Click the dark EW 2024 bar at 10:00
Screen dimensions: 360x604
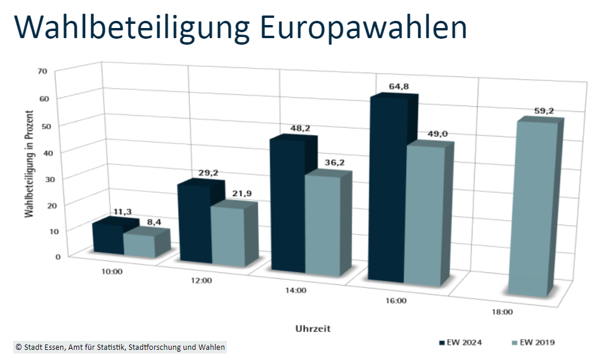tap(107, 239)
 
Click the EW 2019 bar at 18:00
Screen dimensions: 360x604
tap(532, 209)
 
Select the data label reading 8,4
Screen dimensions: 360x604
tap(154, 222)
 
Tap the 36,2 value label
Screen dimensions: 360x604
tap(334, 162)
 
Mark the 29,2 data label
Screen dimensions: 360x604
tap(208, 173)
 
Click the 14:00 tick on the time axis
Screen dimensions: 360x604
tap(296, 291)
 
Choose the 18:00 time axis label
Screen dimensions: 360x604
tap(502, 311)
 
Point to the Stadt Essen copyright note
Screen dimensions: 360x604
tap(120, 347)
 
